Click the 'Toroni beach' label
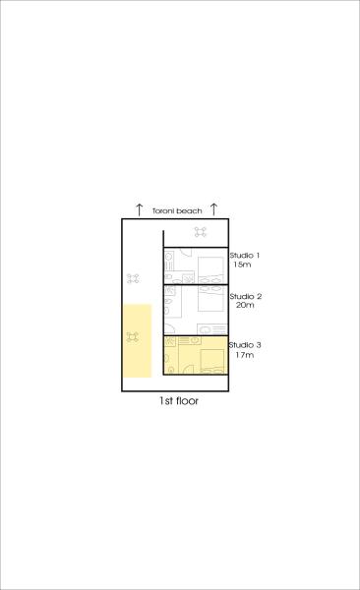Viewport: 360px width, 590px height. [x=177, y=210]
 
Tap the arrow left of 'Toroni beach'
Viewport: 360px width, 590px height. [x=140, y=209]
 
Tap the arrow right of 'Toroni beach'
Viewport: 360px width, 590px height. [x=213, y=208]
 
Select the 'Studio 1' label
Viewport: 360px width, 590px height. [x=245, y=255]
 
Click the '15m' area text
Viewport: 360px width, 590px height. [x=242, y=265]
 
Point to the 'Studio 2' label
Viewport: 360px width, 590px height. [x=246, y=296]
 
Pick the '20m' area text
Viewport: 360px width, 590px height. [x=245, y=305]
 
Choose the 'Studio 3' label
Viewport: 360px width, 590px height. [x=245, y=345]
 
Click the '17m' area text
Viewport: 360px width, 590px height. [x=244, y=355]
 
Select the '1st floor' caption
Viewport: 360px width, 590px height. [x=178, y=401]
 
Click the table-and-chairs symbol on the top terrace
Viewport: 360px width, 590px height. [x=201, y=232]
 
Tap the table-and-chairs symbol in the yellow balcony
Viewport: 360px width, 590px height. [x=132, y=337]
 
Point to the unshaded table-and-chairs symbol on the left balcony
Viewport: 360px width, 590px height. [x=133, y=278]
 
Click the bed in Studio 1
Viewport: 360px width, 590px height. [x=210, y=270]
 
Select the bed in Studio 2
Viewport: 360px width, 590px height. [x=210, y=298]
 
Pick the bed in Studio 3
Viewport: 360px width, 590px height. [x=212, y=361]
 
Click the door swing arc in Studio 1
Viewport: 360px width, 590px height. [x=188, y=253]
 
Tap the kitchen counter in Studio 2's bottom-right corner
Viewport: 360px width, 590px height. [x=212, y=329]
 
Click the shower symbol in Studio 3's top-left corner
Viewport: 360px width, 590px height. [x=170, y=341]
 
